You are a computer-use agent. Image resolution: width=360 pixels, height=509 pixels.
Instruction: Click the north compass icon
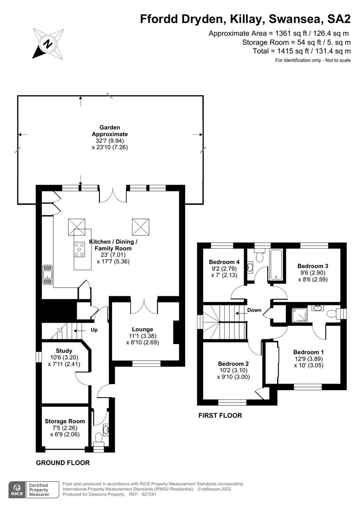click(47, 43)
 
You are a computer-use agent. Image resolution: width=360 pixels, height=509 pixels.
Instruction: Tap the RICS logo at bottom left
click(17, 489)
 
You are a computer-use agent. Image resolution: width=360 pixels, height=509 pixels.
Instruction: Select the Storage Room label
click(65, 421)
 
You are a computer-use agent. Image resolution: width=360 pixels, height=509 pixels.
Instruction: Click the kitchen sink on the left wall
click(47, 274)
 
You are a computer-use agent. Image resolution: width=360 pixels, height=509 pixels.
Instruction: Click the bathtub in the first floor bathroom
click(275, 265)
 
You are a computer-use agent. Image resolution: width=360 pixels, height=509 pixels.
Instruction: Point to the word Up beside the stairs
click(94, 330)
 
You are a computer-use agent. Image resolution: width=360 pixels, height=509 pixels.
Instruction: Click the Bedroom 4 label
click(221, 262)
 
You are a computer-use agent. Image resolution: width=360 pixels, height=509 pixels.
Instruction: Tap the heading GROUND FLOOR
click(63, 463)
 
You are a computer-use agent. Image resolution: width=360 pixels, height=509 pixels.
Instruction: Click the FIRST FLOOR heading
click(220, 415)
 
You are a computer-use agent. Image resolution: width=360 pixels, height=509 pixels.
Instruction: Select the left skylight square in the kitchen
click(77, 226)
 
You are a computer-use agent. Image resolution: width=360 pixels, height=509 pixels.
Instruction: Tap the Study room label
click(64, 350)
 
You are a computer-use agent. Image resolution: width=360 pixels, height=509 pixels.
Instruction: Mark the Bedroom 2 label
click(233, 363)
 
